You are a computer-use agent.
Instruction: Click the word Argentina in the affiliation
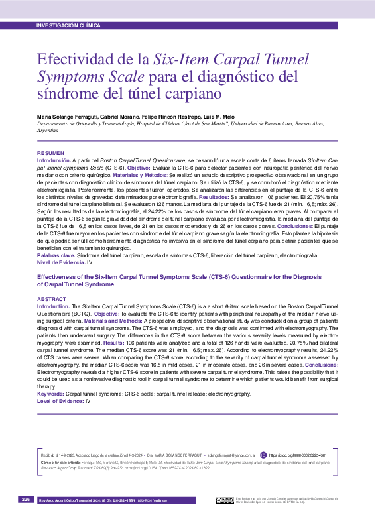pos(48,131)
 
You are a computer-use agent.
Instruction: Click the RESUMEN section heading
pos(50,154)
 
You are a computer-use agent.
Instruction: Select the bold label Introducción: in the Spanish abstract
pos(54,161)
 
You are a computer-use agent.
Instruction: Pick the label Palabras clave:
pos(56,255)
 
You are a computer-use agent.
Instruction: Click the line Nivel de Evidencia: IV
pos(64,262)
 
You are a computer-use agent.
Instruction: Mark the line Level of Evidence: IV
pos(64,401)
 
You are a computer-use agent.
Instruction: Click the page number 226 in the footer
pos(26,499)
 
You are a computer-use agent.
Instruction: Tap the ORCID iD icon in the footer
pos(263,455)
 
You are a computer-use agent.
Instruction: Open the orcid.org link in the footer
pos(297,455)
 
